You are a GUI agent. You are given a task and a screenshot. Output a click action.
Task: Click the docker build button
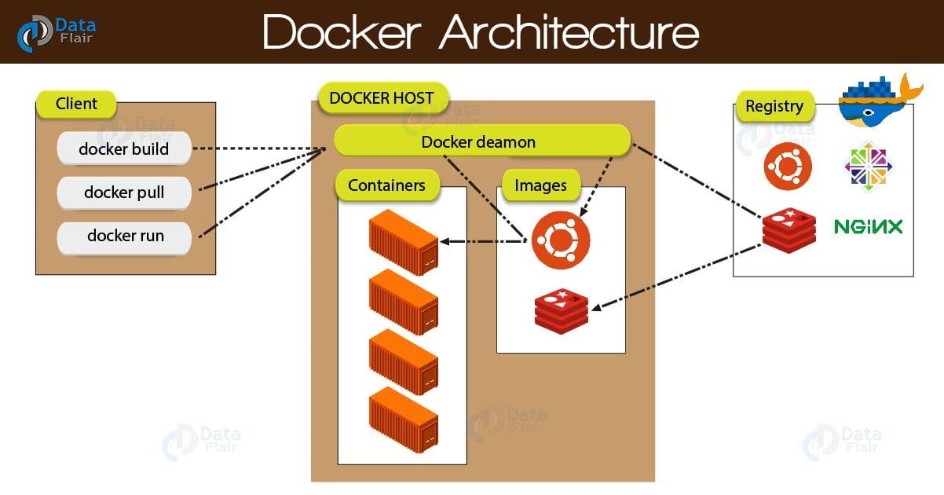[x=124, y=148]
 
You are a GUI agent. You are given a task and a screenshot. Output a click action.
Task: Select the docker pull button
[x=124, y=192]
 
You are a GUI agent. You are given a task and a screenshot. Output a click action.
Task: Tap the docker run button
[x=124, y=236]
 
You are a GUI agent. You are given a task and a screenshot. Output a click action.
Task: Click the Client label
[x=76, y=104]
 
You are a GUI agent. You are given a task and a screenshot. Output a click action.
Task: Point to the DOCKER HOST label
[x=382, y=99]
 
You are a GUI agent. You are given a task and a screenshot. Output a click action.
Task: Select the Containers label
[x=386, y=185]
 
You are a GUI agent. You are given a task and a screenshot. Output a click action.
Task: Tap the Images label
[x=540, y=185]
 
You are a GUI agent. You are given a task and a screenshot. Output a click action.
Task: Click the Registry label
[x=774, y=106]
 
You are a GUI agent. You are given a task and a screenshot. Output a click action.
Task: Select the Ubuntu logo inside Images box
[x=561, y=239]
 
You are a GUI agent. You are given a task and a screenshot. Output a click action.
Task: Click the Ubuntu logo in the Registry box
[x=788, y=167]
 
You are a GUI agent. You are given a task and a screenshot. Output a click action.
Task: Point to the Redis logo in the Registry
[x=788, y=229]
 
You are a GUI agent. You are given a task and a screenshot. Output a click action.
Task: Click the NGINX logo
[x=868, y=227]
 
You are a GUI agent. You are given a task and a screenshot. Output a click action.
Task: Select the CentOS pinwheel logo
[x=868, y=167]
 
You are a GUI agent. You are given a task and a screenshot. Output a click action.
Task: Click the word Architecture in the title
[x=569, y=31]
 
